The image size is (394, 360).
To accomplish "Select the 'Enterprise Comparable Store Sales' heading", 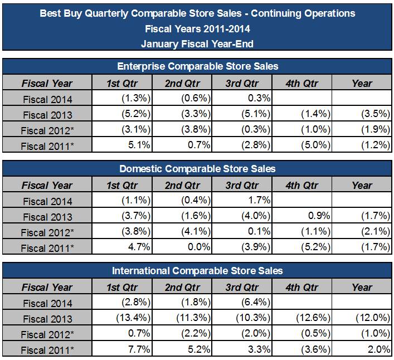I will pos(197,66).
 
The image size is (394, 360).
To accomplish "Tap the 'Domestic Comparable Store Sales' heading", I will pos(197,168).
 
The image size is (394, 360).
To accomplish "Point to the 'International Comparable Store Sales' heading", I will pos(197,271).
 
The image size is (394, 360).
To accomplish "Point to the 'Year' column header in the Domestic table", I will pos(362,185).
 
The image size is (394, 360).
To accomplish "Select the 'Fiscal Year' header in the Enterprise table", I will pos(47,83).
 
